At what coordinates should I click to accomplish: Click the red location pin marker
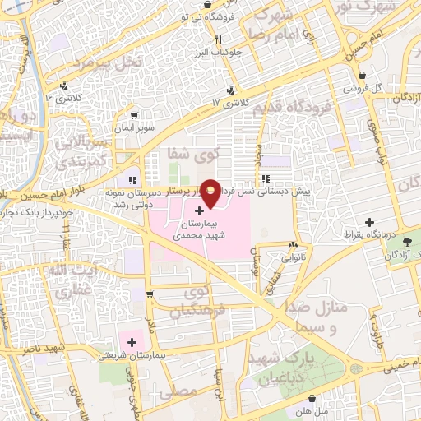coord(211,192)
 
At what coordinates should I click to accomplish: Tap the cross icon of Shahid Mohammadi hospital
coord(199,211)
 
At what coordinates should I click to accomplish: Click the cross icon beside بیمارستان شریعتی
coord(131,342)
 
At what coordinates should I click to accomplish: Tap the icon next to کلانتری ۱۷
coord(232,90)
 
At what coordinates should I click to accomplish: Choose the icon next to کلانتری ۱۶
coord(62,86)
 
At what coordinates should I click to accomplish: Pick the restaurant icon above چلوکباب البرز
coord(218,39)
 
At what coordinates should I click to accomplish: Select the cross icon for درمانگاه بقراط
coord(370,222)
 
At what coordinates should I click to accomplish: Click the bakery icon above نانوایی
coord(293,244)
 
